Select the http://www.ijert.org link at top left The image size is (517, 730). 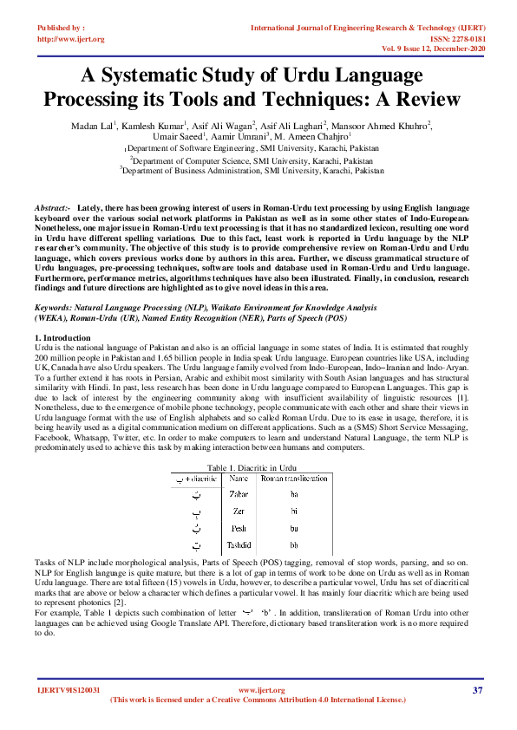click(x=71, y=39)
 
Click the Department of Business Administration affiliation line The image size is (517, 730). click(x=252, y=172)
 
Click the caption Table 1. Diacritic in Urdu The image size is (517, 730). click(x=258, y=467)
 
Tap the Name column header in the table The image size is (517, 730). click(x=236, y=478)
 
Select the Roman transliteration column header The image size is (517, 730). click(x=295, y=478)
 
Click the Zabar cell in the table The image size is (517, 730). click(x=239, y=493)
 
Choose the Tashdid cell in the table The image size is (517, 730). click(x=240, y=545)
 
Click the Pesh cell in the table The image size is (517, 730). click(x=239, y=528)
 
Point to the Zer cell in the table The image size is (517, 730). click(x=238, y=511)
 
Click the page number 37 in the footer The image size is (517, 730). click(x=477, y=689)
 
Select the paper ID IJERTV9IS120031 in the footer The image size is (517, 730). click(x=69, y=690)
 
